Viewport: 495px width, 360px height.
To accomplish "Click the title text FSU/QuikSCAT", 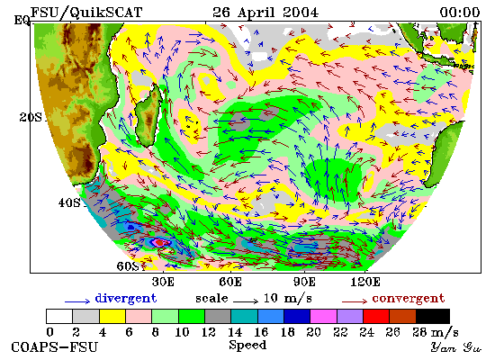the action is (86, 13).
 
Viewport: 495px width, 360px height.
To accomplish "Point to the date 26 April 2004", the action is (265, 13).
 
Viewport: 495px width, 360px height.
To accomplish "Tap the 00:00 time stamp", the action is (460, 13).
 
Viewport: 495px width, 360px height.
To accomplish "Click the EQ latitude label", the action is (22, 21).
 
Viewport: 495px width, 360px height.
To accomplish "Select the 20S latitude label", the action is (31, 118).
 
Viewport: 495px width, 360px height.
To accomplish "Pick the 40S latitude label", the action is (69, 202).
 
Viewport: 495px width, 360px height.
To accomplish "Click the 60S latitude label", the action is (128, 266).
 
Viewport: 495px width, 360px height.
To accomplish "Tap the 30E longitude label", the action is (163, 282).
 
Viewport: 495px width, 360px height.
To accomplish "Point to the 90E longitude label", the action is (304, 282).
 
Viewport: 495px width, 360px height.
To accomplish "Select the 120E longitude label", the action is (365, 282).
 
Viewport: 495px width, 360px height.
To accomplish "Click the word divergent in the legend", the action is (126, 299).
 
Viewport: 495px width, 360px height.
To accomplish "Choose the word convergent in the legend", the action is (409, 299).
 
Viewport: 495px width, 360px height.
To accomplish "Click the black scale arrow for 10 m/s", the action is (246, 301).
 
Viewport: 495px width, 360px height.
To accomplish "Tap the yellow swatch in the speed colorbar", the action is (112, 316).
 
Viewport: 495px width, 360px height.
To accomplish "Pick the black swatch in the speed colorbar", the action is (433, 316).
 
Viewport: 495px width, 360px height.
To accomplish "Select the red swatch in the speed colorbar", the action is (376, 316).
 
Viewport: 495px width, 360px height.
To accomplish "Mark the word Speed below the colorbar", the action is (247, 346).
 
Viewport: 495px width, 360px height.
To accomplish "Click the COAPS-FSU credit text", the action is (54, 347).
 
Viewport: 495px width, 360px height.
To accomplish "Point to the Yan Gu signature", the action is (456, 347).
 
